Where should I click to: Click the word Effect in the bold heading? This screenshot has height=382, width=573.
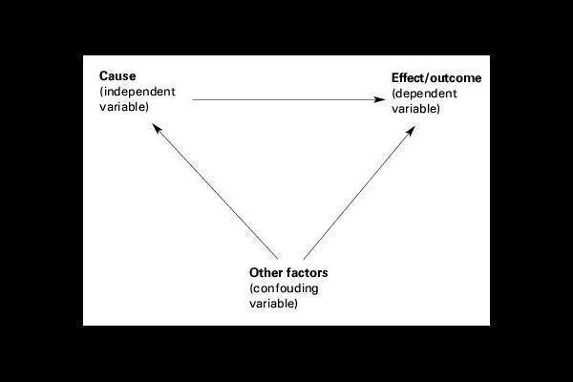coord(407,76)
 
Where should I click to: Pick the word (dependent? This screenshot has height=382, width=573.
coord(423,93)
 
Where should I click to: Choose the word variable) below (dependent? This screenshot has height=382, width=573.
coord(415,108)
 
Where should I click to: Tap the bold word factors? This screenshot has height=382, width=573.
coord(307,272)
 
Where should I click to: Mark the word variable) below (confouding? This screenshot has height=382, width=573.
coord(273,304)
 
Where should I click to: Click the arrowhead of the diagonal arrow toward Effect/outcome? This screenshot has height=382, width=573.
coord(411,129)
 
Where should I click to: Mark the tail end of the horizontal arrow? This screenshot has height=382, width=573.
coord(193,99)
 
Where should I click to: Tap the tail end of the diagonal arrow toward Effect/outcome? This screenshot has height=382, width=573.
coord(304,259)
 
